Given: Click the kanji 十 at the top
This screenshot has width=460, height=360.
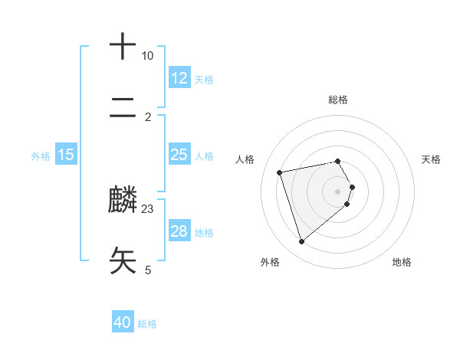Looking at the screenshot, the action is [123, 47].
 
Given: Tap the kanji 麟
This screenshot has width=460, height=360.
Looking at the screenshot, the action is [123, 200].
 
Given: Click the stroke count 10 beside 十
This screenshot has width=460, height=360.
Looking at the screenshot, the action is [147, 56].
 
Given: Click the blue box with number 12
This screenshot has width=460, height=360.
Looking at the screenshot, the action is [179, 78].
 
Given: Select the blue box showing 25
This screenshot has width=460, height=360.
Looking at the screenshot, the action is [179, 155].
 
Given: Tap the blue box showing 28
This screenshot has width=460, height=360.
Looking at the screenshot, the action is [179, 231].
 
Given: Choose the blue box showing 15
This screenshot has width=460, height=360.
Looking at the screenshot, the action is [66, 155].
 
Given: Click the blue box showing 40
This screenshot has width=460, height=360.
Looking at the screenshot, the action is [123, 323].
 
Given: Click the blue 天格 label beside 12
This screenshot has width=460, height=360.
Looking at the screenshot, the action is [204, 79].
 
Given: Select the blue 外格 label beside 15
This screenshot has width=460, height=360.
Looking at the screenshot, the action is [41, 155].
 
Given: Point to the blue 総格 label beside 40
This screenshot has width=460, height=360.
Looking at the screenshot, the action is [147, 324].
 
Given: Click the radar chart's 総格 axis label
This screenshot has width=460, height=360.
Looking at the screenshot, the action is [338, 100].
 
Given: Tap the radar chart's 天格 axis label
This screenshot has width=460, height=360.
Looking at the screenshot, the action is [432, 159].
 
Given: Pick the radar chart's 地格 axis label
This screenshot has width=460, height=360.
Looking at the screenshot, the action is [402, 262].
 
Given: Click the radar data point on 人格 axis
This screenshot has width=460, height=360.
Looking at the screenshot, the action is [280, 172].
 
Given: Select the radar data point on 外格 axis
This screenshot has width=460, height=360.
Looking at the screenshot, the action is [301, 242].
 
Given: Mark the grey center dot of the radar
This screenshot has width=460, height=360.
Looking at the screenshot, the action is [338, 191].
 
